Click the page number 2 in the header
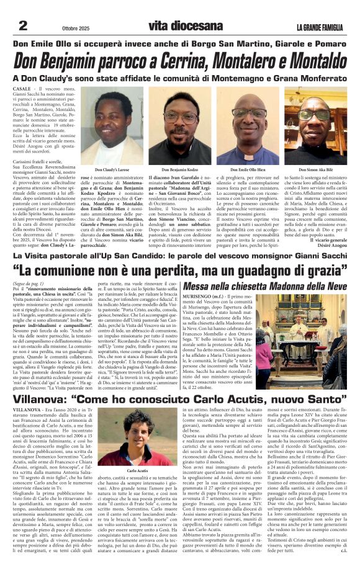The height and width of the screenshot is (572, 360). (x=23, y=25)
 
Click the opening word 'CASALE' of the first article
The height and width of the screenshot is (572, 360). (x=22, y=91)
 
